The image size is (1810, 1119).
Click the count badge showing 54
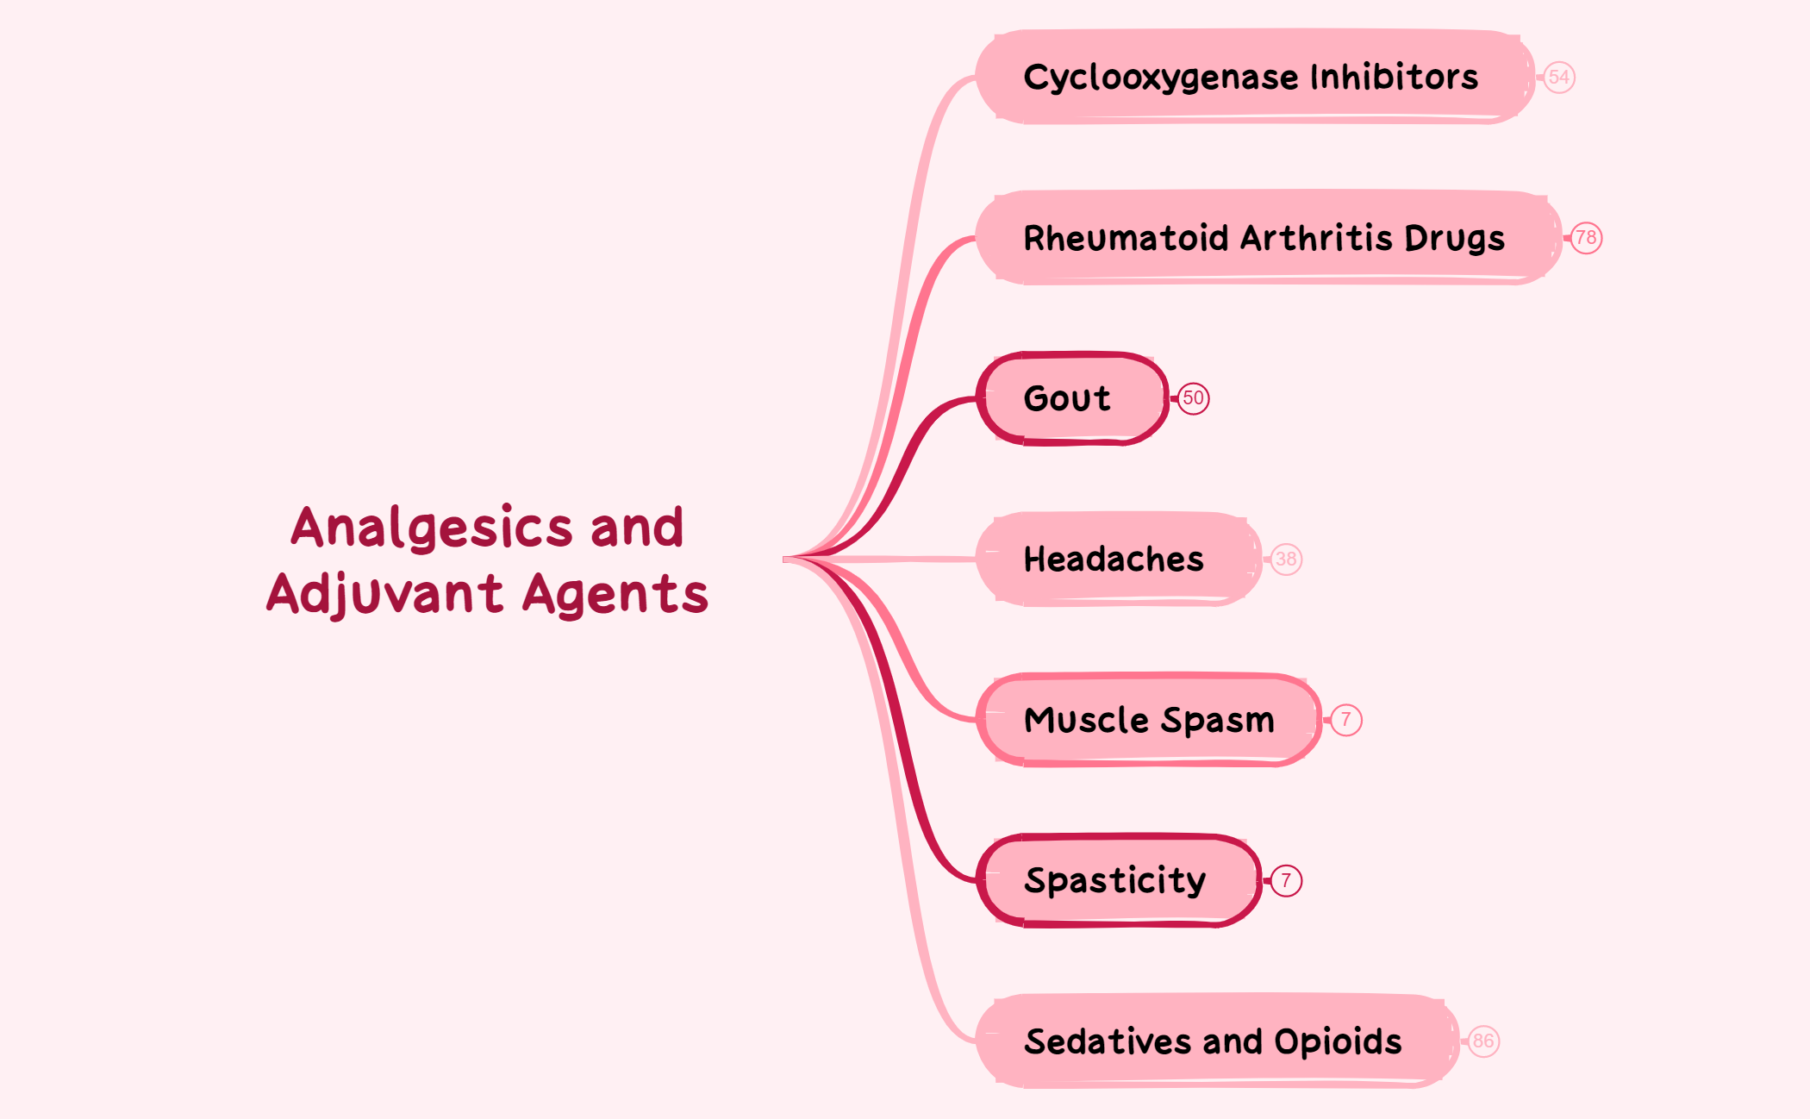point(1558,78)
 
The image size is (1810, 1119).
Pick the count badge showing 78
point(1586,238)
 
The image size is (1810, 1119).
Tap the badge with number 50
point(1193,398)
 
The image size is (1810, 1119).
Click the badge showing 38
point(1286,559)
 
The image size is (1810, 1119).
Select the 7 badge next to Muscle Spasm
point(1345,720)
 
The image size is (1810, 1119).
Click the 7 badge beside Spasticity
point(1286,880)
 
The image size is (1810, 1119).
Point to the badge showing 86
point(1483,1041)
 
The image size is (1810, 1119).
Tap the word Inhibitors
point(1394,77)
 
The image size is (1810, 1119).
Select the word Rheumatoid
point(1125,238)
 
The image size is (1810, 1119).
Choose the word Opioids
point(1338,1041)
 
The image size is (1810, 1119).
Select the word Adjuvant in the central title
point(384,595)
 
